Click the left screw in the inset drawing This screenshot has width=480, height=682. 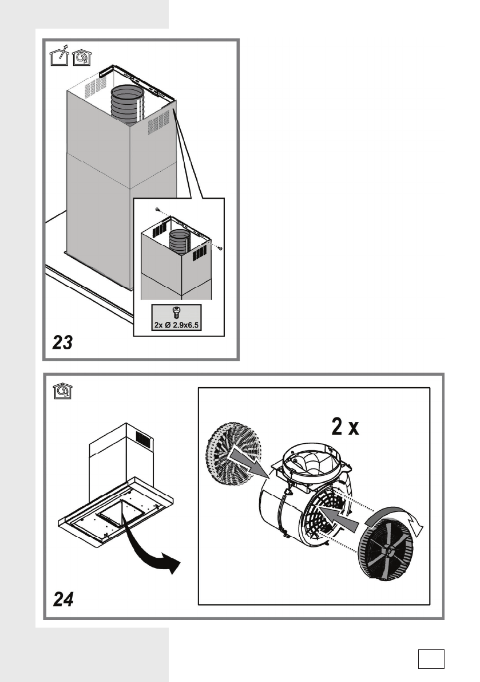(x=157, y=210)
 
